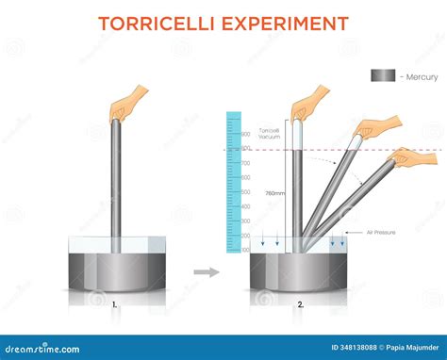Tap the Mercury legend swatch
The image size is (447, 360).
(382, 76)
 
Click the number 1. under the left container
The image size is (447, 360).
(115, 304)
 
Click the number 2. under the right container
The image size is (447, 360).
(301, 304)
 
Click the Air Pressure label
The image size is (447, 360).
(383, 233)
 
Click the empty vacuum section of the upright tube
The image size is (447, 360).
(295, 137)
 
